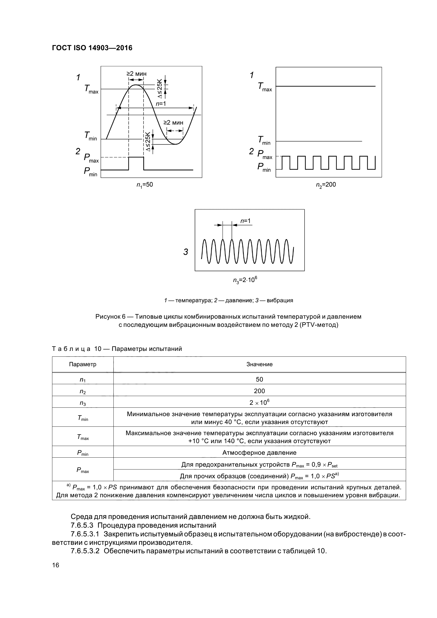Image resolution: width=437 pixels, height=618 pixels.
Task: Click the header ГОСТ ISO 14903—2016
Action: pyautogui.click(x=92, y=48)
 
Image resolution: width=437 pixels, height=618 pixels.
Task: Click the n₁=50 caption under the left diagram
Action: pyautogui.click(x=145, y=185)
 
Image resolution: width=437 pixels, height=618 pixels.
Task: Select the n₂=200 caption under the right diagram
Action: pyautogui.click(x=326, y=185)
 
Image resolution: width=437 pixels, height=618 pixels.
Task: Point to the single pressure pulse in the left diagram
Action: pyautogui.click(x=136, y=163)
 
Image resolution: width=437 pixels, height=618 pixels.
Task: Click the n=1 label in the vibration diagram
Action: pyautogui.click(x=245, y=221)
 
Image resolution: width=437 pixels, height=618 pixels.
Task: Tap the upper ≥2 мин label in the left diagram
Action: pyautogui.click(x=136, y=74)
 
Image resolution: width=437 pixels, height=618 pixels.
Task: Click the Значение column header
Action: pyautogui.click(x=259, y=364)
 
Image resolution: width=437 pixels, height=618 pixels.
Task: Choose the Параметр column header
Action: pyautogui.click(x=83, y=364)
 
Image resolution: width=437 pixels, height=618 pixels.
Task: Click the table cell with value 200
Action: pyautogui.click(x=259, y=391)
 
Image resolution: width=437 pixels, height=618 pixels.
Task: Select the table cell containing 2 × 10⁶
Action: pyautogui.click(x=259, y=402)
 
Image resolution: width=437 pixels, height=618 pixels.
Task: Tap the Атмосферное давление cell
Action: pyautogui.click(x=259, y=453)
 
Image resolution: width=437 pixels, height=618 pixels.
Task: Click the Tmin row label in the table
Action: pyautogui.click(x=83, y=418)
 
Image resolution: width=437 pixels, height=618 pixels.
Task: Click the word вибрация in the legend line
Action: pyautogui.click(x=280, y=300)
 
